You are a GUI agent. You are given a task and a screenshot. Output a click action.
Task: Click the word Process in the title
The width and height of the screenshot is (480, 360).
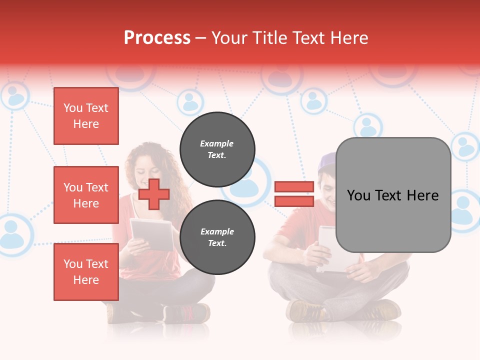(157, 37)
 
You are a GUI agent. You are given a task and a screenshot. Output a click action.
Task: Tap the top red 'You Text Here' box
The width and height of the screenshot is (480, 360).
(86, 116)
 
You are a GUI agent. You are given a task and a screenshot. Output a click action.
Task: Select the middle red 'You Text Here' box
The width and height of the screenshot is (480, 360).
(86, 195)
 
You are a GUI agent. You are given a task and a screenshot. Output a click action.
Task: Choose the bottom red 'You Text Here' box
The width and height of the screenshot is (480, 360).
(86, 271)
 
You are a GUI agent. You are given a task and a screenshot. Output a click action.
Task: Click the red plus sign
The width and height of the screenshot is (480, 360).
(154, 194)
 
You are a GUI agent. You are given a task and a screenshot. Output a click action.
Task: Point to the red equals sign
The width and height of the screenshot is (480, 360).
(294, 194)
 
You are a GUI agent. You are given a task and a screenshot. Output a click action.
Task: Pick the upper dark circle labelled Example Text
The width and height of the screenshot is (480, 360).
(217, 149)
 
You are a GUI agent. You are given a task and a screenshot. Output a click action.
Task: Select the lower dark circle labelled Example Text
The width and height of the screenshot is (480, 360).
(217, 237)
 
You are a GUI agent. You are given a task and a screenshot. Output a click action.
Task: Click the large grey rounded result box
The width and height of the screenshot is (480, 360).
(393, 195)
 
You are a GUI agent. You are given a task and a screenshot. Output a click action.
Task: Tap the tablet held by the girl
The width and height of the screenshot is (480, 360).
(151, 234)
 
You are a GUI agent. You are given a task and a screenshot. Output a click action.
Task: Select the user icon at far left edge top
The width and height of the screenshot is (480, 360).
(15, 96)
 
